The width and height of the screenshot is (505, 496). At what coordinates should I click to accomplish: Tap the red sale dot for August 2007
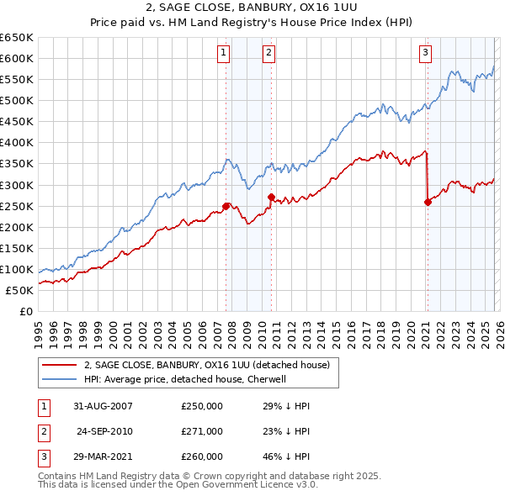(226, 206)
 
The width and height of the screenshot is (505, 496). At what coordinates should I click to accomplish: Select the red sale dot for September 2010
(271, 197)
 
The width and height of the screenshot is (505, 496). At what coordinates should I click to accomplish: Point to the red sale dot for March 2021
(428, 202)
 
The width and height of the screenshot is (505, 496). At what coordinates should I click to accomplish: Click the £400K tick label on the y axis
(17, 142)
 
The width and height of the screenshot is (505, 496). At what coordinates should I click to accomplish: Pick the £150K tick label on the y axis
(17, 248)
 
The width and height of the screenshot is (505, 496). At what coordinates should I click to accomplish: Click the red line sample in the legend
(59, 365)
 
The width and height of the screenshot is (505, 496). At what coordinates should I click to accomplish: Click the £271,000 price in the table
(202, 430)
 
